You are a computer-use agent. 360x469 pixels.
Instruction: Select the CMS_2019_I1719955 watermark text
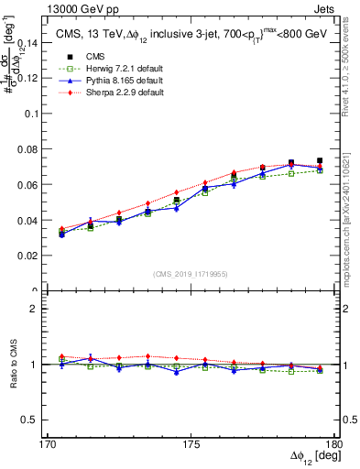[x=191, y=273]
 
